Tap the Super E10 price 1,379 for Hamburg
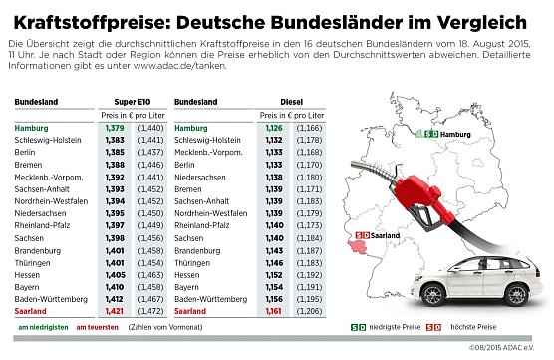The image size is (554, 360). (117, 128)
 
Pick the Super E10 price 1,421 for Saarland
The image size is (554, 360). (117, 310)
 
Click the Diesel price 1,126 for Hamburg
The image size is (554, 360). (274, 128)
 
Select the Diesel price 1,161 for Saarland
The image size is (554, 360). (274, 310)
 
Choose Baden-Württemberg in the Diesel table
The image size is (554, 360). (209, 298)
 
